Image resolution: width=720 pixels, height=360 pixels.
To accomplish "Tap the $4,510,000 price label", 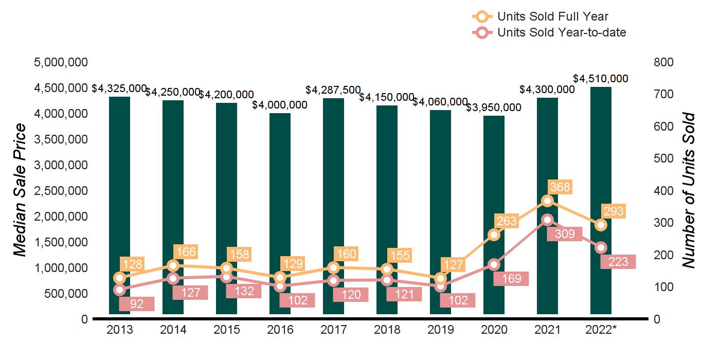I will click(601, 79).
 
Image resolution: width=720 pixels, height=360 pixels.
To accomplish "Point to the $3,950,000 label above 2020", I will click(494, 107).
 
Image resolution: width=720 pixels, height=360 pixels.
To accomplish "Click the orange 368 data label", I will click(560, 187).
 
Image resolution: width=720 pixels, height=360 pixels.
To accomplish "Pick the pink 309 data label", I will click(564, 234).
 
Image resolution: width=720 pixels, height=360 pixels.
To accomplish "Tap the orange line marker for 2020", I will click(494, 235).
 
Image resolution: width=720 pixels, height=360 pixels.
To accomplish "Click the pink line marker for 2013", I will click(119, 290).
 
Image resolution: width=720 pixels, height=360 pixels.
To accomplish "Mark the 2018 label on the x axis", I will click(387, 330).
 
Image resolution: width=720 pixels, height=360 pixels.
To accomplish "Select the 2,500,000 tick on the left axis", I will click(61, 191).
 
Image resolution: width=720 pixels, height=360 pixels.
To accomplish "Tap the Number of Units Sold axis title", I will click(689, 190).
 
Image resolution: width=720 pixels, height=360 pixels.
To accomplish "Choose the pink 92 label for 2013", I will click(136, 304).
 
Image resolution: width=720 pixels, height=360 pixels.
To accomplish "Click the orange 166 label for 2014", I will click(185, 252).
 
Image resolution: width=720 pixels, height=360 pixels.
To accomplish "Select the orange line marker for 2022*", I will click(601, 225).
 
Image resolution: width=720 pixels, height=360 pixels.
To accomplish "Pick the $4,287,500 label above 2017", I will click(333, 90).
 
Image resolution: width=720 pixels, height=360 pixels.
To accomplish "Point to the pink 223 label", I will click(618, 262).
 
